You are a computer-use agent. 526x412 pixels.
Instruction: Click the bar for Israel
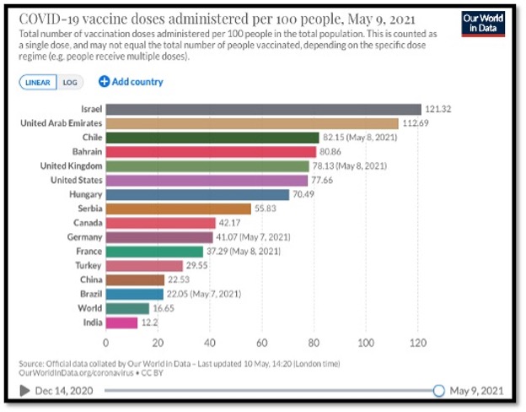coord(263,109)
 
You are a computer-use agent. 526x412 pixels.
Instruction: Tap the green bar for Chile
coord(212,138)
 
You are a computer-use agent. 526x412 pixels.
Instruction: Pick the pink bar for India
coord(121,322)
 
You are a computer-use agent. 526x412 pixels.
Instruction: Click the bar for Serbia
coord(178,209)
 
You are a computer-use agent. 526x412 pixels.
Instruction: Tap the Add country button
coord(131,82)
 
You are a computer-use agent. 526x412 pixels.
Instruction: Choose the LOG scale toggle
coord(71,82)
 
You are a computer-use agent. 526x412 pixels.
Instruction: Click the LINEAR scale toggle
coord(38,82)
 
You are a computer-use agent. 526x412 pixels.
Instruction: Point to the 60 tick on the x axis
coord(261,344)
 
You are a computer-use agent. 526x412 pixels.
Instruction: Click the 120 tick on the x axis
coord(417,344)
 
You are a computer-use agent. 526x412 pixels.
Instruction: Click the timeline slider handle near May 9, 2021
coord(437,390)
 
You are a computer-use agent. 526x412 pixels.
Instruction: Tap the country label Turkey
coord(87,265)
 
